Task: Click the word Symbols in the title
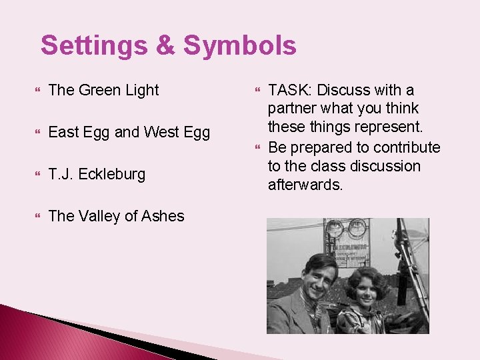(239, 46)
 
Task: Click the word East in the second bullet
(64, 132)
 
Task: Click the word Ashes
(163, 216)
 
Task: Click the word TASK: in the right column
(290, 90)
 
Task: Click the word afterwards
(305, 185)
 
